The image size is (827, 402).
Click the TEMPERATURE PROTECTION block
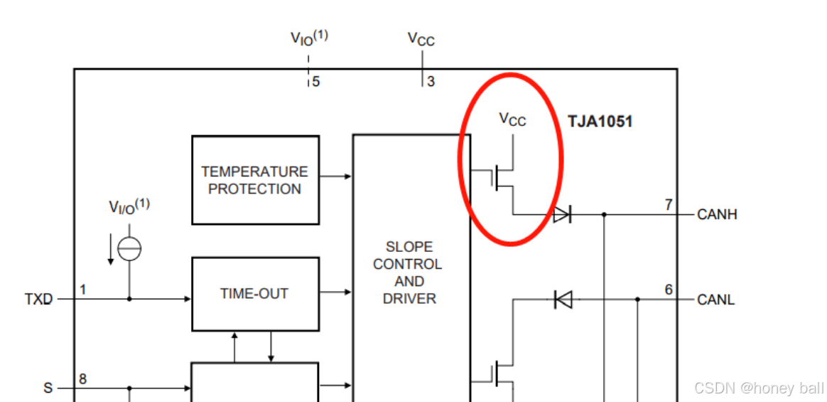coord(255,180)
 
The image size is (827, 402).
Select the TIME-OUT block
coord(255,293)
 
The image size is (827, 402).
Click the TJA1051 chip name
coord(600,121)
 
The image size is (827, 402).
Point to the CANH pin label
coord(717,214)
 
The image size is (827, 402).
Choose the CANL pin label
coord(716,300)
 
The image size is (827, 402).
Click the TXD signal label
coord(38,300)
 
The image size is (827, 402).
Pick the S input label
coord(48,388)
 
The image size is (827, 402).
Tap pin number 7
coord(668,205)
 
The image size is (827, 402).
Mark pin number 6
coord(668,290)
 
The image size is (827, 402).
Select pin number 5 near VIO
coord(315,82)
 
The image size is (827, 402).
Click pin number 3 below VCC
coord(431,82)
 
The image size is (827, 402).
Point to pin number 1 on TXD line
coord(83,290)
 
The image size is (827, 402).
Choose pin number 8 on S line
coord(83,379)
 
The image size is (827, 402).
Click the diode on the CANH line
coord(562,213)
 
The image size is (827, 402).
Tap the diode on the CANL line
coord(563,300)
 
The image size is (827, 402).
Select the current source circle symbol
coord(129,249)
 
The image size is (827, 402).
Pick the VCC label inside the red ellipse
coord(512,120)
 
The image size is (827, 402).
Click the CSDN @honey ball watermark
coord(758,388)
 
